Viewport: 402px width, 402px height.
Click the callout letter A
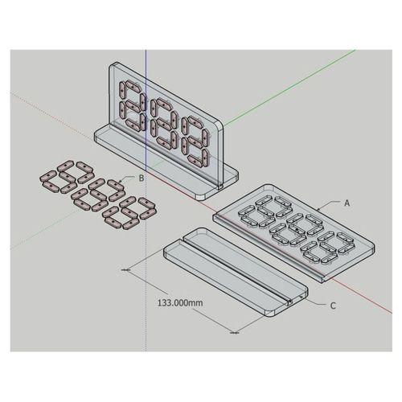347,203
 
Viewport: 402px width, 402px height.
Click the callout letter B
142,178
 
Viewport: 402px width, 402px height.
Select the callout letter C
333,306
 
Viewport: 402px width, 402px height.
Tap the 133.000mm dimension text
180,303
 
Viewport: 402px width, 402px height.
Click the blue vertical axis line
146,200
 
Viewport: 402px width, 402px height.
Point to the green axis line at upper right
289,88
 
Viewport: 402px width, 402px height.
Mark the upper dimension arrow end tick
125,270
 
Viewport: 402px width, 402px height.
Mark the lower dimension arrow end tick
235,333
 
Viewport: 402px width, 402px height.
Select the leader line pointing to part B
129,178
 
